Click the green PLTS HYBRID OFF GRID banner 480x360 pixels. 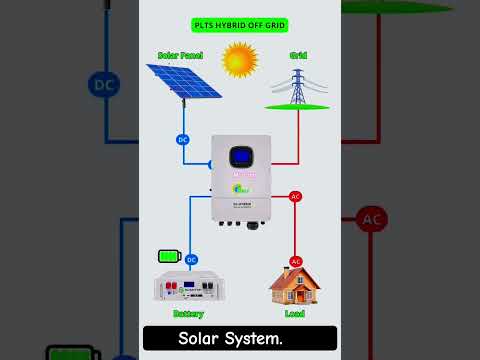(x=239, y=23)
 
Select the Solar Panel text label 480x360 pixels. (x=181, y=55)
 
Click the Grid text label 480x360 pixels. (x=298, y=55)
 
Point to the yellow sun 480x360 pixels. (x=240, y=60)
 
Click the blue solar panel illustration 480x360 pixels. (x=184, y=80)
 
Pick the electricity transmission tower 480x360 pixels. (x=297, y=88)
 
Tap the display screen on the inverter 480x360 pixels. (x=240, y=158)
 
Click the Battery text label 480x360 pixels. (x=188, y=313)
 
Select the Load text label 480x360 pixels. (x=295, y=313)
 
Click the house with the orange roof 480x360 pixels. (x=295, y=285)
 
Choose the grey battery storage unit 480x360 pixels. (x=187, y=287)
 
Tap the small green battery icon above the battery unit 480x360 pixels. (x=169, y=257)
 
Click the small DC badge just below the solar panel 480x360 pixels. (x=183, y=139)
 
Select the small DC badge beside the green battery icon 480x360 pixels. (x=192, y=259)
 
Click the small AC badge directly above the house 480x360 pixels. (x=296, y=261)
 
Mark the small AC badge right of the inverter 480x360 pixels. (x=295, y=196)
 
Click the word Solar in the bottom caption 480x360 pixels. (x=202, y=338)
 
